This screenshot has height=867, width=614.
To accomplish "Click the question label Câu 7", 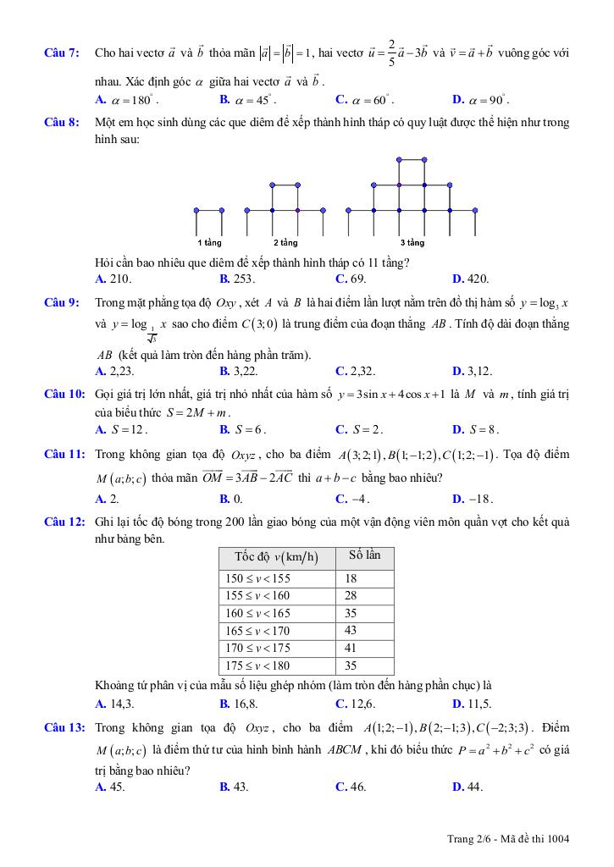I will [62, 53].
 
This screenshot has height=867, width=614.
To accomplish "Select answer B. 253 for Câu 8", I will [237, 279].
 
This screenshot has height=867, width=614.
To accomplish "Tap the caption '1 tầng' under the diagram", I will [209, 243].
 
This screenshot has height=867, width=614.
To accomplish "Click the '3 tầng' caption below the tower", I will [412, 243].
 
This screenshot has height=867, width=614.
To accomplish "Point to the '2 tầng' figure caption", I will [285, 243].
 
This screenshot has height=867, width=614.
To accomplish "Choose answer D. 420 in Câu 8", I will [471, 279].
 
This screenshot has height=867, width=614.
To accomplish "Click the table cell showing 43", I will [351, 631].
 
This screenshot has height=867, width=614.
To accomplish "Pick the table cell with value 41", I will [351, 648].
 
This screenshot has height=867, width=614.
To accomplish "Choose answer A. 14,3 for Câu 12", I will [114, 704].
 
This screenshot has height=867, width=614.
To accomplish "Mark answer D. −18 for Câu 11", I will [473, 499].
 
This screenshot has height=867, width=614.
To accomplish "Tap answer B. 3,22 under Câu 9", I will [238, 371].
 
